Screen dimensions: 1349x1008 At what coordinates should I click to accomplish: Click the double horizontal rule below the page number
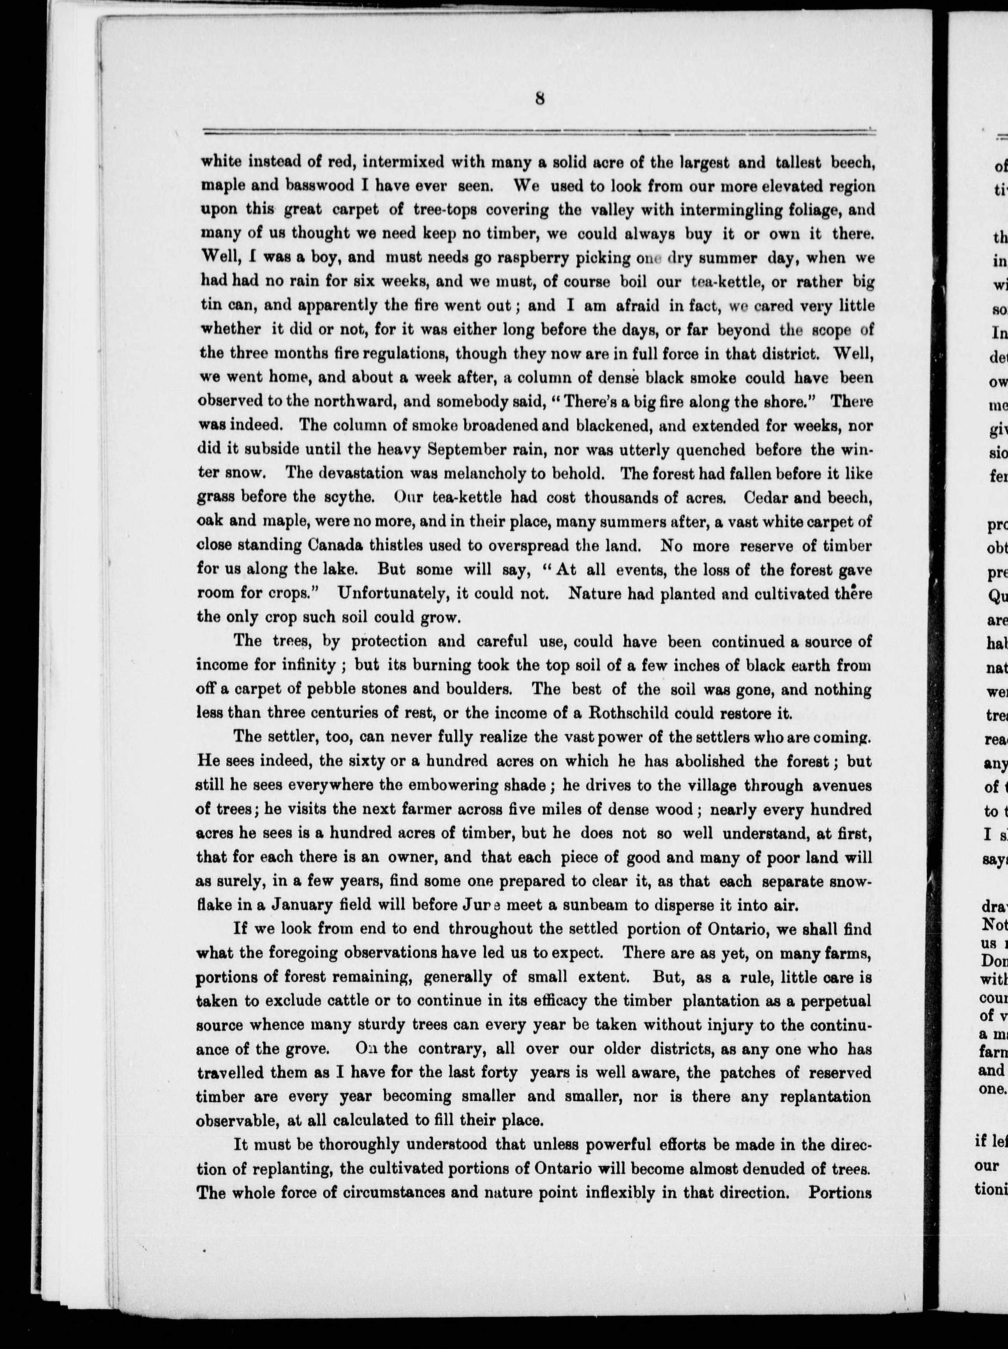pos(537,131)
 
